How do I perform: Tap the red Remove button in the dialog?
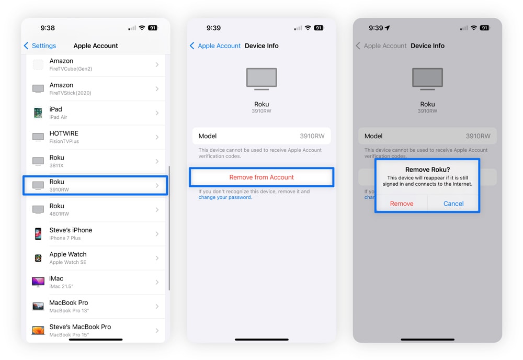(x=402, y=204)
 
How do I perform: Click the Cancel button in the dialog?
(x=453, y=204)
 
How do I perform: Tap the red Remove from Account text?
(x=261, y=177)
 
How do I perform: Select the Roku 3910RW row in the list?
(x=95, y=185)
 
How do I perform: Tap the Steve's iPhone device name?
(x=71, y=230)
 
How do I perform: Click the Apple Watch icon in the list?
(x=38, y=258)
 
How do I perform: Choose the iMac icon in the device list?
(x=38, y=282)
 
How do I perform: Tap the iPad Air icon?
(x=38, y=113)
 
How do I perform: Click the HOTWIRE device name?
(x=64, y=133)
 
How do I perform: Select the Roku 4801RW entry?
(x=95, y=209)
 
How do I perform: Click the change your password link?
(x=225, y=197)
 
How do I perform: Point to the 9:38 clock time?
(x=48, y=28)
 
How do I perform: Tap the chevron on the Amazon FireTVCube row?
(x=157, y=65)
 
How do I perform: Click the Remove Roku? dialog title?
(x=427, y=170)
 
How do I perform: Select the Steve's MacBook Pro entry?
(x=95, y=330)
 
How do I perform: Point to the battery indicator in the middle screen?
(x=319, y=28)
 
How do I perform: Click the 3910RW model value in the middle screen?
(x=312, y=136)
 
